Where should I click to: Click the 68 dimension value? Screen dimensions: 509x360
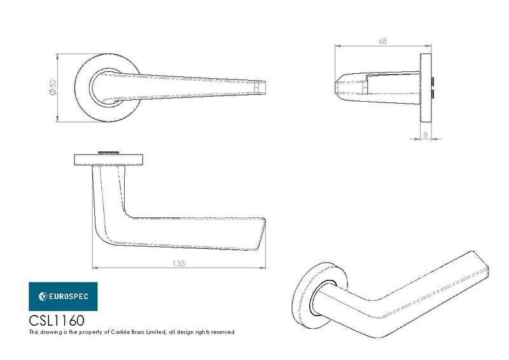(x=383, y=41)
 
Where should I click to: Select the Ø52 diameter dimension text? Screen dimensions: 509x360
(x=53, y=87)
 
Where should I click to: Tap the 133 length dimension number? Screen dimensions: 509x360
(x=179, y=263)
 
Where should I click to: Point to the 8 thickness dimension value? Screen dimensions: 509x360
(x=426, y=134)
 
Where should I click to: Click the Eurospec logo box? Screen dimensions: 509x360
(x=63, y=296)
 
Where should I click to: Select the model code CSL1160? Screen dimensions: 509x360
(x=57, y=321)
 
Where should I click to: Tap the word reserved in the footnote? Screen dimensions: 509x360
(x=223, y=332)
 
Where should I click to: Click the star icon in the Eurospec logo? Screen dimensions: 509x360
(x=43, y=296)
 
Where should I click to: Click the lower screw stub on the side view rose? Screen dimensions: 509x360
(x=433, y=93)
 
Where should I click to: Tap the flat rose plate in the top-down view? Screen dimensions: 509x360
(x=109, y=160)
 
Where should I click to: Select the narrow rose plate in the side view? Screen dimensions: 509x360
(x=426, y=88)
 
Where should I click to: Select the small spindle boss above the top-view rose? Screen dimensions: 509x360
(x=108, y=153)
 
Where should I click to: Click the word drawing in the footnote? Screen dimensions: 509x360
(x=50, y=332)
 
